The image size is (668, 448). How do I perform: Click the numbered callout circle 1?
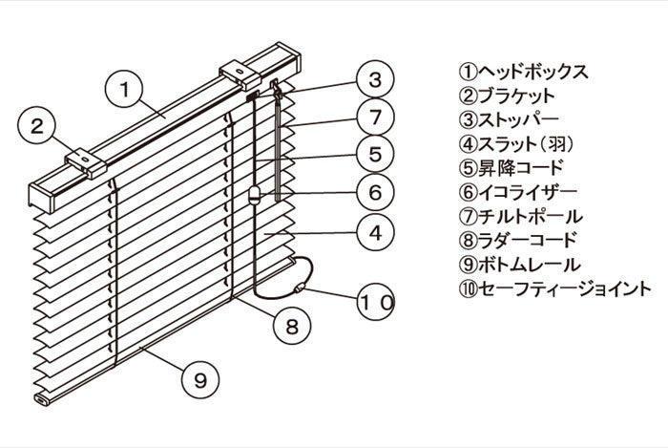click(124, 90)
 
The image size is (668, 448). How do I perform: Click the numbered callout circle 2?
click(39, 126)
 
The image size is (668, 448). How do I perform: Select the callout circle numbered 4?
click(375, 231)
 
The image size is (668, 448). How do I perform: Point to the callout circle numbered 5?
click(375, 154)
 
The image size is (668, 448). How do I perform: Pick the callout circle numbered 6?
click(375, 192)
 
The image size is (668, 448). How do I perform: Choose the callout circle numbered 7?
click(375, 117)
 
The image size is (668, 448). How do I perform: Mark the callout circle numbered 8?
click(293, 326)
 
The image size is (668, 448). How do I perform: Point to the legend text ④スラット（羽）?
click(522, 144)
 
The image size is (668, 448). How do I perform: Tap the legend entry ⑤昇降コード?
click(511, 168)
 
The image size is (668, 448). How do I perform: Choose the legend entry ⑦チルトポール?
click(520, 217)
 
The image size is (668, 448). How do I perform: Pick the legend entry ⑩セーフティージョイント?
click(553, 288)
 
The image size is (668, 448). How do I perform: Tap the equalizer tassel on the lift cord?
click(255, 197)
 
